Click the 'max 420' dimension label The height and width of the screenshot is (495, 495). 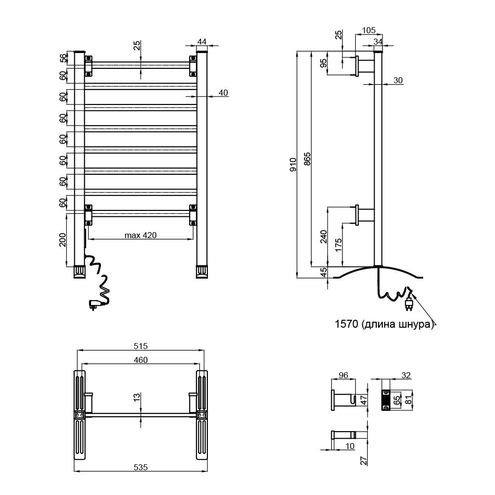click(141, 235)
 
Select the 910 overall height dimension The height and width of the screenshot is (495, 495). click(293, 164)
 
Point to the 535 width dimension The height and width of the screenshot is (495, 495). click(141, 467)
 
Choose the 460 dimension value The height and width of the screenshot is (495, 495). click(141, 360)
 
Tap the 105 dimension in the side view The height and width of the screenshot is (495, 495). click(368, 30)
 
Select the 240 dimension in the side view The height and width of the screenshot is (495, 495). click(324, 236)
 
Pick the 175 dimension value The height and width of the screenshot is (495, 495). click(339, 245)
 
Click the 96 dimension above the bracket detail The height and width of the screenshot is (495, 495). click(343, 376)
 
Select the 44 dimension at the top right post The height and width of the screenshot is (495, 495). click(201, 41)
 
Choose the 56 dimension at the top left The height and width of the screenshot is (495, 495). click(63, 58)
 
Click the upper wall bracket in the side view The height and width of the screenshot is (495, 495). click(364, 66)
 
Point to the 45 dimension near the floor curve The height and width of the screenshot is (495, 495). click(324, 272)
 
